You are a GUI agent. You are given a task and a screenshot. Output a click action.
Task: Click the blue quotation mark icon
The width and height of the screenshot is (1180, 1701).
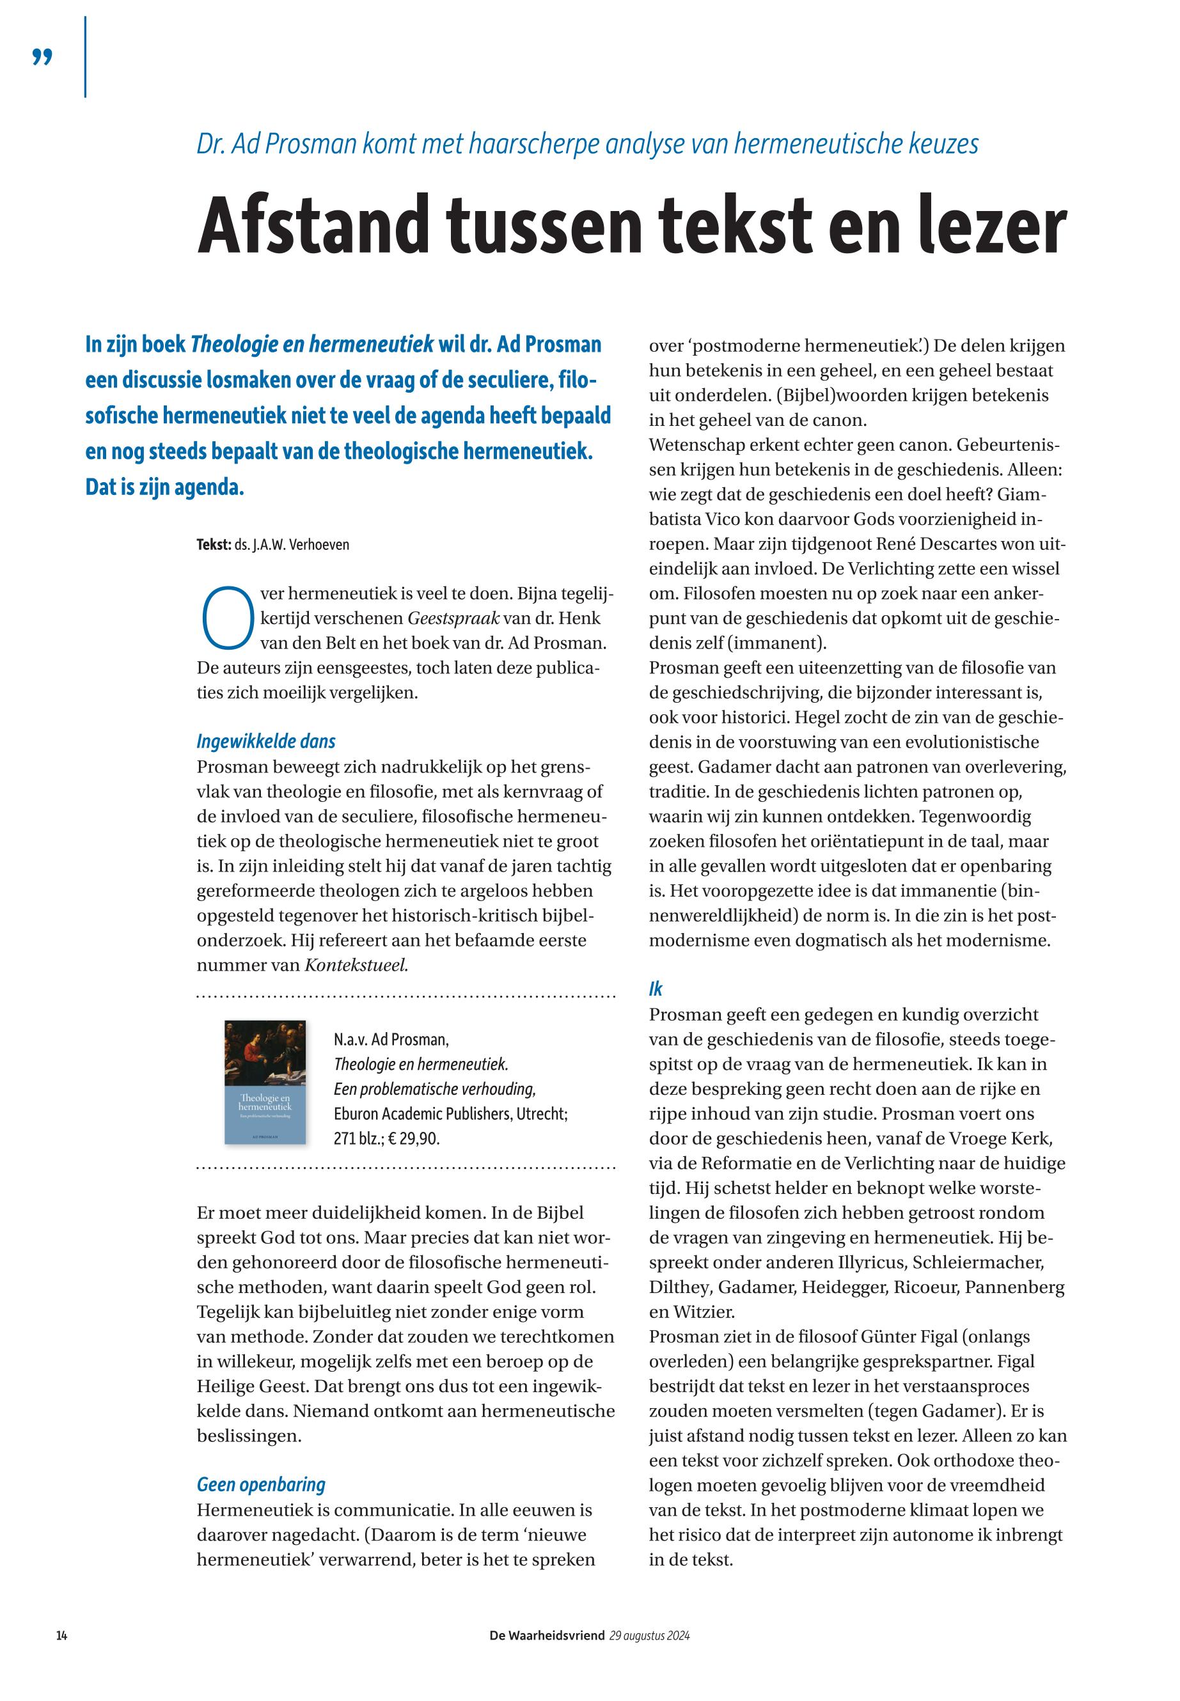point(43,57)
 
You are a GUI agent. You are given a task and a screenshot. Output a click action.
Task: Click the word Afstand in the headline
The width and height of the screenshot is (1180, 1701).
point(313,224)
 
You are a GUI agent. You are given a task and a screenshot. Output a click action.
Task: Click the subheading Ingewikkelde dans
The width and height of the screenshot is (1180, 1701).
point(265,741)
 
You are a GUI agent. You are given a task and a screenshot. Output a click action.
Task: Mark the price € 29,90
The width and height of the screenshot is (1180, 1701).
point(413,1138)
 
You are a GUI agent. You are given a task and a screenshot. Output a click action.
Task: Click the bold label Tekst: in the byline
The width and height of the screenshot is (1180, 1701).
point(214,545)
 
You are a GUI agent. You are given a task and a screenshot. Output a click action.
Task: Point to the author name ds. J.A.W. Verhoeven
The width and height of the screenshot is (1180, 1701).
point(292,545)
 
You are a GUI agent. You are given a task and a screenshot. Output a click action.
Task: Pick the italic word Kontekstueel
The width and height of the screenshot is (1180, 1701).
point(356,965)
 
